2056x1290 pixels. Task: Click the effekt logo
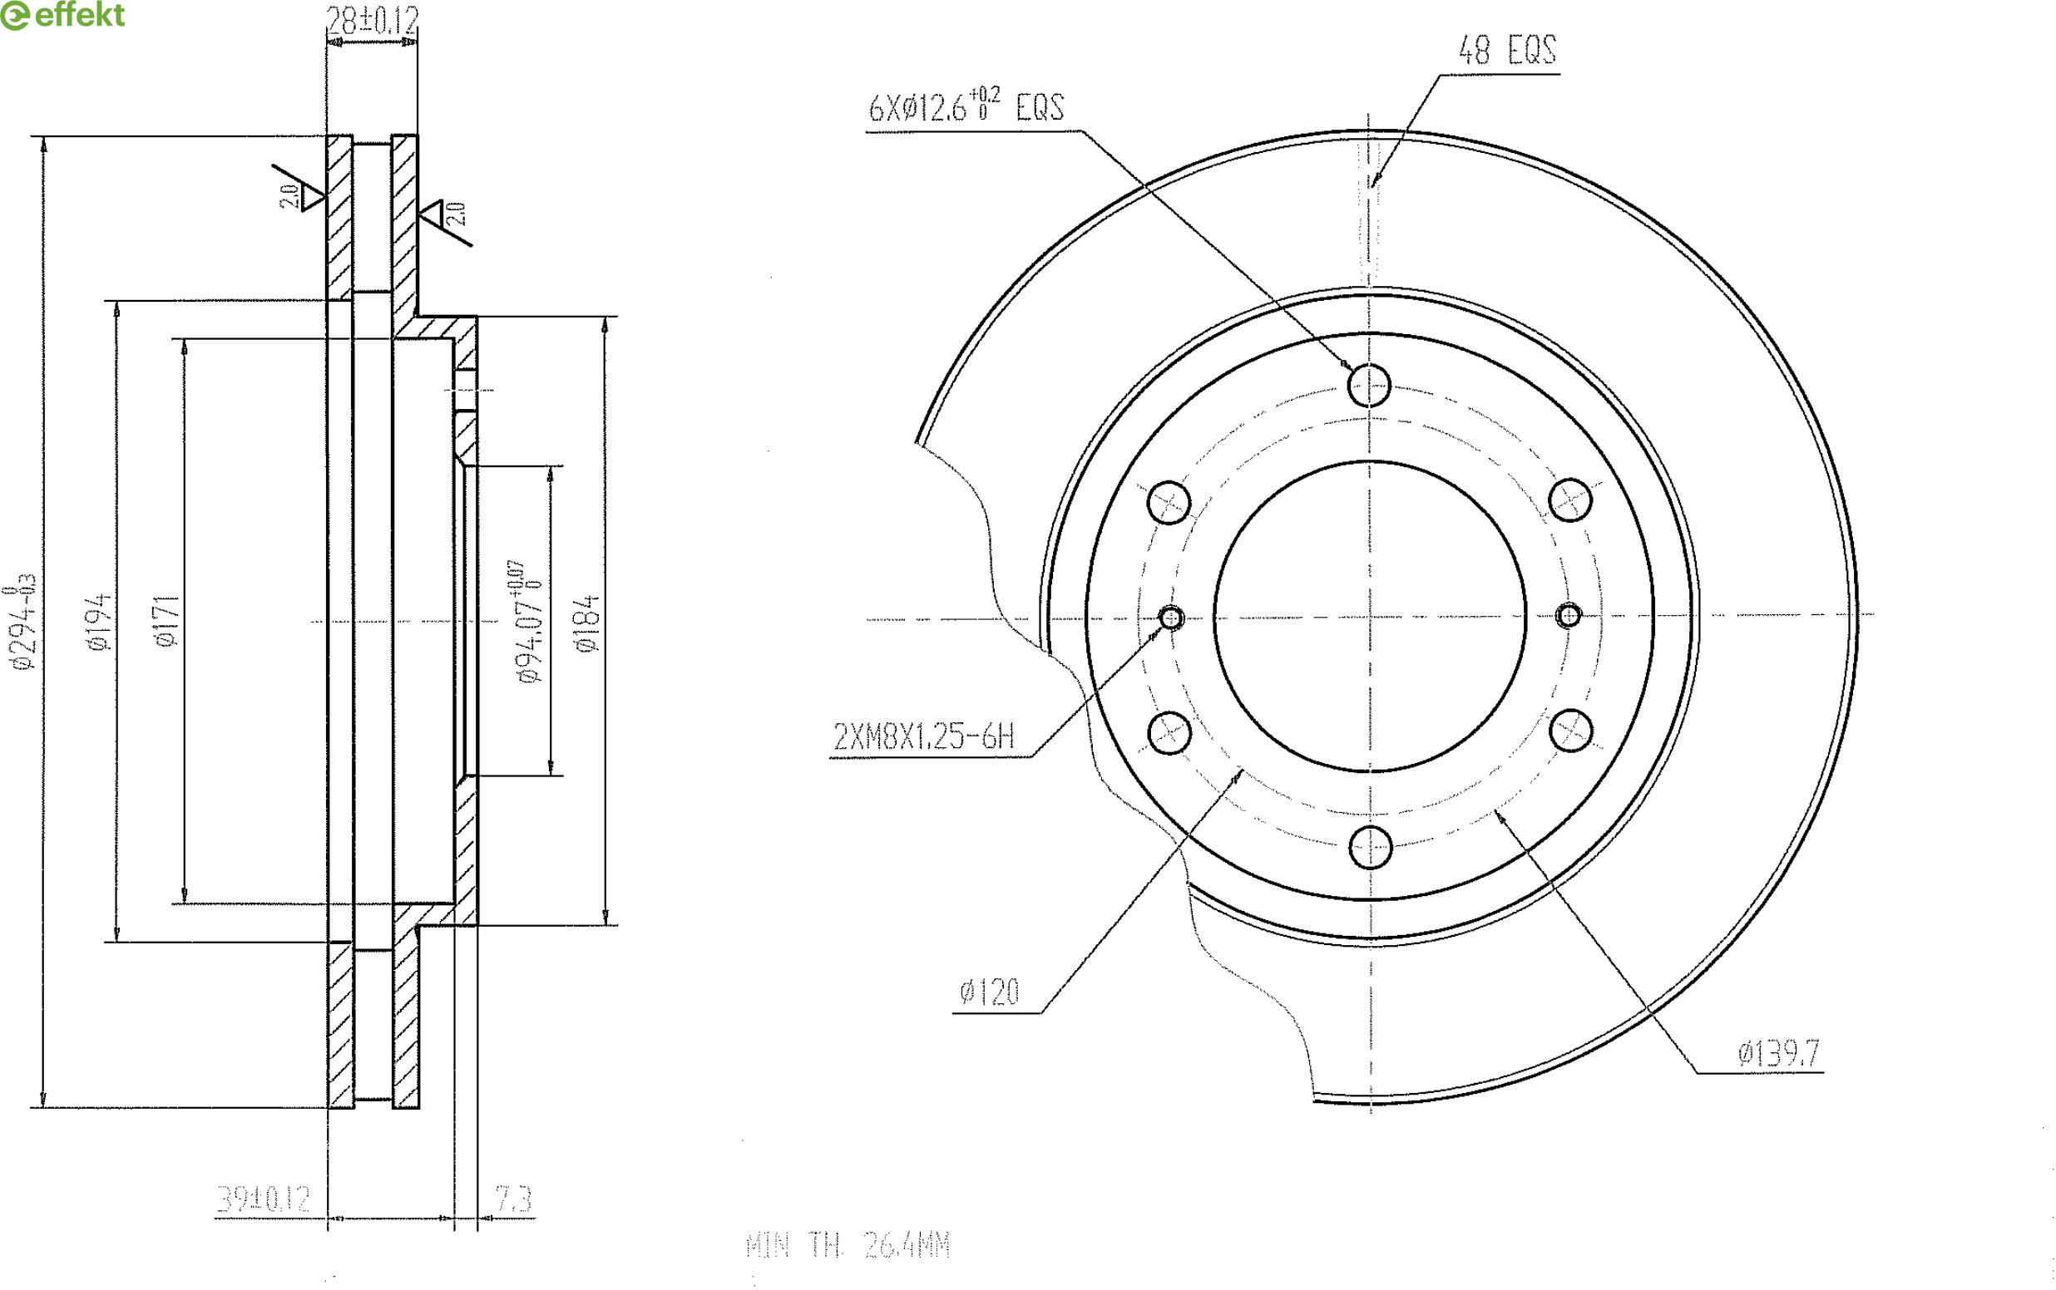[62, 15]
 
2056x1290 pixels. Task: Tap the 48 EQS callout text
[1506, 51]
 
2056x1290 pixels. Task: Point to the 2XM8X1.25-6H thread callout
[923, 736]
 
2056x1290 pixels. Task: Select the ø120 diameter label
[989, 992]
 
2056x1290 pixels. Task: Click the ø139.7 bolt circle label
[1779, 1054]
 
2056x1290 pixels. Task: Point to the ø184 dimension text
[587, 623]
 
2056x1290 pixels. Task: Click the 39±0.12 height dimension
[263, 1199]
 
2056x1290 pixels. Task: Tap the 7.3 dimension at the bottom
[513, 1199]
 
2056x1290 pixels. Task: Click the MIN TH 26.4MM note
[848, 1246]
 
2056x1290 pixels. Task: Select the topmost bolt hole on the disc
[1369, 385]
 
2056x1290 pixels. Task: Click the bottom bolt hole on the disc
[1371, 846]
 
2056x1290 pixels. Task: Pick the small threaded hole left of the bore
[1171, 617]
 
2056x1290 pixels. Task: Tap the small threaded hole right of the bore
[1569, 614]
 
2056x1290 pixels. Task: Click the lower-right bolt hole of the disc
[1570, 731]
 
